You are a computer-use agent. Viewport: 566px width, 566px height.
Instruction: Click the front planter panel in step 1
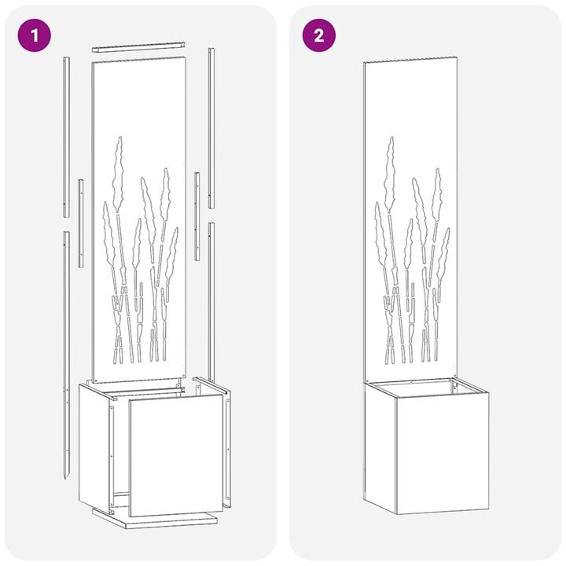coord(175,456)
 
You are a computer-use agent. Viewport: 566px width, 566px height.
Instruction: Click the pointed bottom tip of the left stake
coord(66,476)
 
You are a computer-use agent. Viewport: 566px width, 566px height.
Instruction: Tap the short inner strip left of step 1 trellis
coord(80,224)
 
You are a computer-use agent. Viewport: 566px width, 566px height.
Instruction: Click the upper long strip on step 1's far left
coord(66,138)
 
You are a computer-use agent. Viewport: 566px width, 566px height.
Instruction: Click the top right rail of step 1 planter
coord(211,387)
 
